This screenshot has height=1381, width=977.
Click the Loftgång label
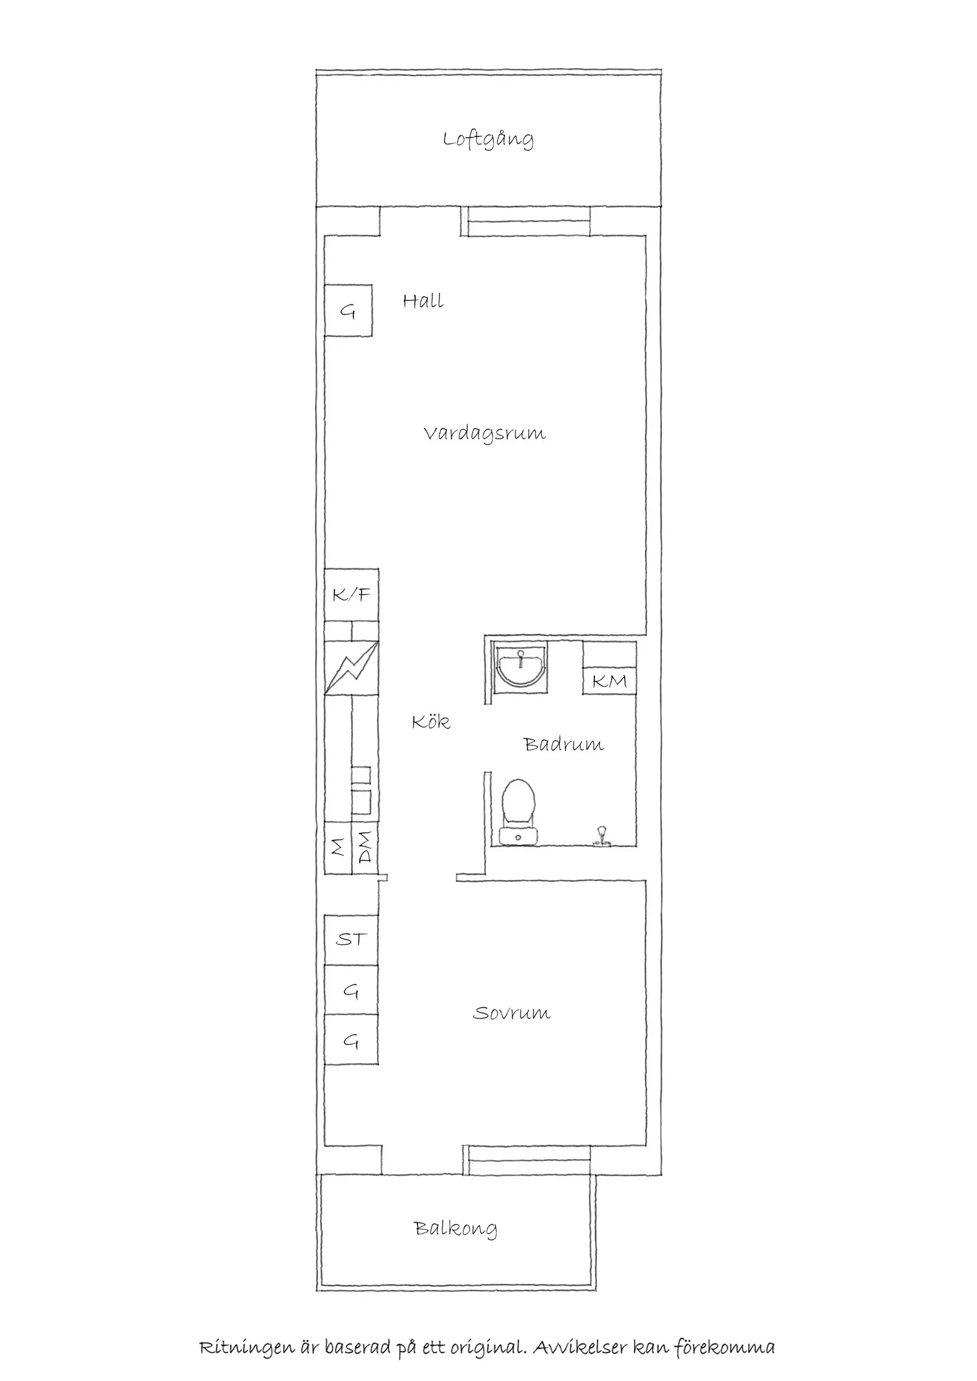pos(488,140)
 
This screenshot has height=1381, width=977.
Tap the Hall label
pos(423,301)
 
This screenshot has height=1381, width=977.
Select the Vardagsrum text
pos(484,434)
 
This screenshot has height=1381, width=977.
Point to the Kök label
pos(430,722)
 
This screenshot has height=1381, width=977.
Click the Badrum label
pos(564,745)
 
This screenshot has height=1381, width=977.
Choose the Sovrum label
pos(512,1013)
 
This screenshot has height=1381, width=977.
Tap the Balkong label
pos(455,1228)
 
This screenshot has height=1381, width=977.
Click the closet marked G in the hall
pos(348,310)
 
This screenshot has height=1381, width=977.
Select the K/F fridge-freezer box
pos(351,595)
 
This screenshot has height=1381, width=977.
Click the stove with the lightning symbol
pos(351,668)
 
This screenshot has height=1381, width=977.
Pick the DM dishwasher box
pos(365,848)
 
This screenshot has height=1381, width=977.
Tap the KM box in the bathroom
pos(609,681)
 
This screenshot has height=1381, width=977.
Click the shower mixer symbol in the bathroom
pos(601,836)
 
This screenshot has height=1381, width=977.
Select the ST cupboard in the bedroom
pos(351,939)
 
